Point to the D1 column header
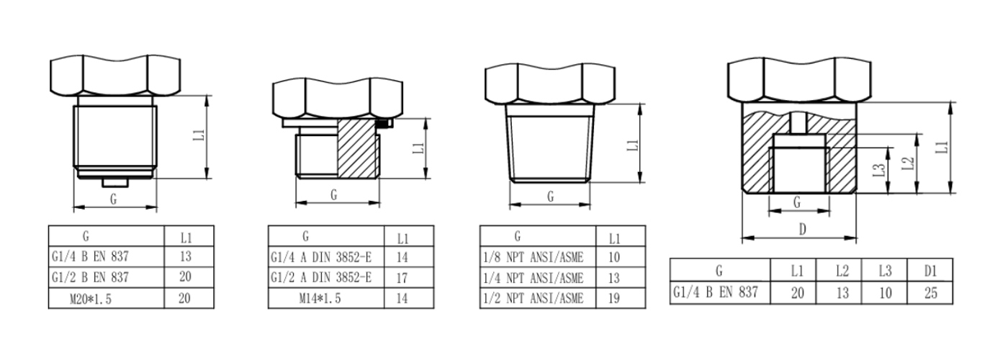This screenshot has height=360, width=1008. pyautogui.click(x=930, y=271)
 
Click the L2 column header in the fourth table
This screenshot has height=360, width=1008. pyautogui.click(x=842, y=271)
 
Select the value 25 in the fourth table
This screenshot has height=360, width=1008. pyautogui.click(x=930, y=294)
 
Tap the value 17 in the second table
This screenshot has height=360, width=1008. pyautogui.click(x=402, y=278)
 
